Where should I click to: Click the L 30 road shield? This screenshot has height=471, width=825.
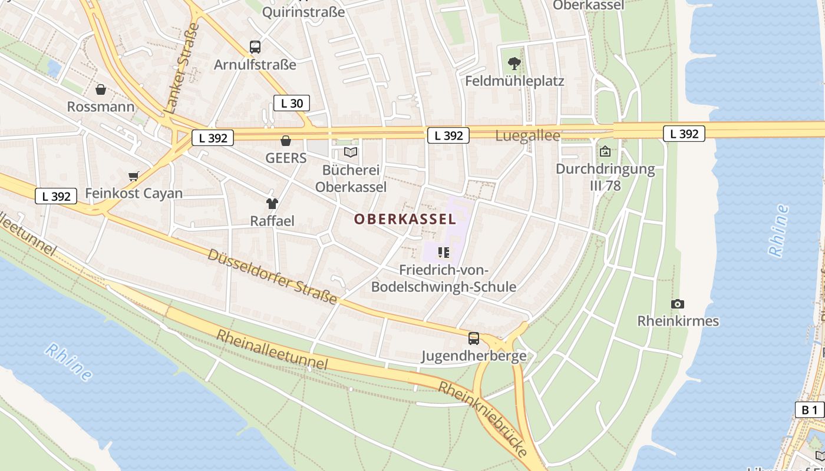[292, 104]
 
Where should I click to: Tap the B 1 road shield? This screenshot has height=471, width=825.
[810, 410]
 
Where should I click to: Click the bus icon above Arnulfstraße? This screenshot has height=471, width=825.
[255, 47]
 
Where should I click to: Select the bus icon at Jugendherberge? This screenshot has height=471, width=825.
[474, 339]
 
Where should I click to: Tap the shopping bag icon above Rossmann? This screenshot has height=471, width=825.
[101, 89]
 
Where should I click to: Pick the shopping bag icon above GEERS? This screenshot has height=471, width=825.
[286, 141]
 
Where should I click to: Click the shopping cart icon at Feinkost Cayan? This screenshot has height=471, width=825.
[134, 176]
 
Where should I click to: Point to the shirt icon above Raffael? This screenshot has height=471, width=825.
[272, 204]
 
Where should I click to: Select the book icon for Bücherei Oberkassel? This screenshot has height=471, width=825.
[351, 152]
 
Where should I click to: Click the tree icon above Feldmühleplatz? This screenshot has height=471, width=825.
[514, 63]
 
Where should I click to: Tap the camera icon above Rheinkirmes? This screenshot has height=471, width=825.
[678, 304]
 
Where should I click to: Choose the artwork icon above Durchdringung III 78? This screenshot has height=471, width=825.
[605, 151]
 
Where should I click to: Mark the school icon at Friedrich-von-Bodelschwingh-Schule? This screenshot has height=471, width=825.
[444, 253]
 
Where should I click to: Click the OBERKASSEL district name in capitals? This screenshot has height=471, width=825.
[405, 220]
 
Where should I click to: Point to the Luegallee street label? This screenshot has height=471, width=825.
[527, 136]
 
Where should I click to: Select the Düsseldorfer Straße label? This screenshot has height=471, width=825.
[272, 276]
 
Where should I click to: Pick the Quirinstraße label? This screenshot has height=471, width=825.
[303, 12]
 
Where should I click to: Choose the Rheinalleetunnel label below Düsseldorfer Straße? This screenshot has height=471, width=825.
[272, 349]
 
